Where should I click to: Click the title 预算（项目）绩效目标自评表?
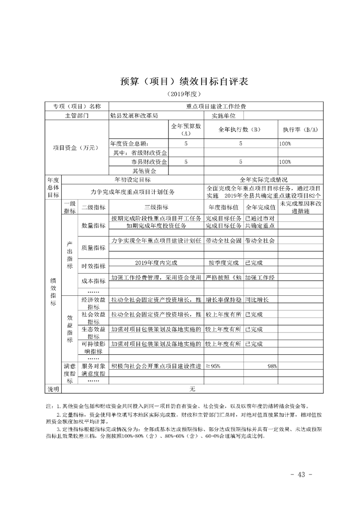point(180,82)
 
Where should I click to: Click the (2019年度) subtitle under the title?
point(180,94)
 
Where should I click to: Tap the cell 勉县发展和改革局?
point(134,115)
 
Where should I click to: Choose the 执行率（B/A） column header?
point(300,130)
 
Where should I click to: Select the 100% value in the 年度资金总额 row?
point(285,143)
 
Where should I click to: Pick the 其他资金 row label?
point(144,171)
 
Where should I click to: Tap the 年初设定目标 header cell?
point(133,180)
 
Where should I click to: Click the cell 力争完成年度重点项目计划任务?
point(133,192)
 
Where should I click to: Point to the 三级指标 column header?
point(156,208)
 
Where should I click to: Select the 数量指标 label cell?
point(93,225)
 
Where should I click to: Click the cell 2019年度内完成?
point(156,263)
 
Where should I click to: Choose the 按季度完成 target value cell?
point(223,263)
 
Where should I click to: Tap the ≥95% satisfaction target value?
point(213,366)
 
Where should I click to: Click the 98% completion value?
point(272,366)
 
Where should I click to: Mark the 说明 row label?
point(54,389)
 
